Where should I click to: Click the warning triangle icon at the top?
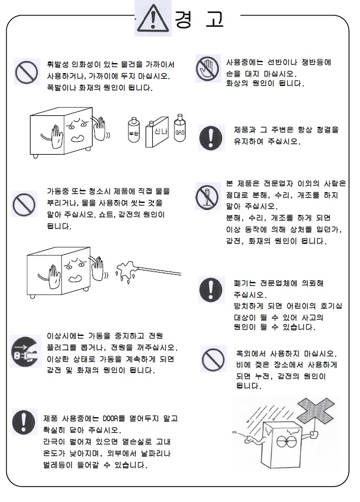tap(153, 18)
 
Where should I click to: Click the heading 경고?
tap(199, 19)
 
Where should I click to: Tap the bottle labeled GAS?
tap(180, 128)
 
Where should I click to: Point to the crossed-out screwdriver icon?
tap(207, 197)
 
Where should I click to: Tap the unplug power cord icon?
tap(25, 351)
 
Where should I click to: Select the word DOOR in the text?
tap(111, 418)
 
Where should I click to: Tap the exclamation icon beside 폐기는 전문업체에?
tap(210, 289)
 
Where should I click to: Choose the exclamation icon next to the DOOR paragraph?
tap(24, 422)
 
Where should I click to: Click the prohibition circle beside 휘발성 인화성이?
tap(27, 72)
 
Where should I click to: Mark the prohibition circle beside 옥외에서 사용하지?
tap(213, 359)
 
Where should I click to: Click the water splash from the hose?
tap(127, 271)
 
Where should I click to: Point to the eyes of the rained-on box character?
tap(286, 442)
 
